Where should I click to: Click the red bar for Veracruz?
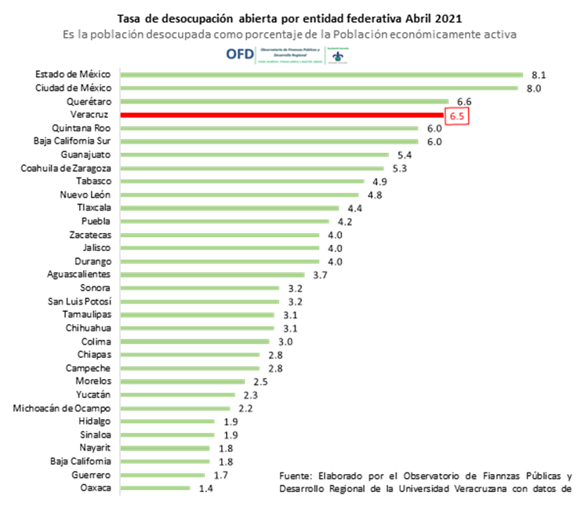click(282, 115)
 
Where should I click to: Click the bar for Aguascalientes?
click(212, 275)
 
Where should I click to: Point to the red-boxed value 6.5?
click(457, 115)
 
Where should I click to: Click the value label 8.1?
click(538, 75)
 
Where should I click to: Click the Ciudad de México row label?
click(73, 88)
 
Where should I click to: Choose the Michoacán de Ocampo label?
click(63, 408)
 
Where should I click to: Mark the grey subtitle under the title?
click(290, 34)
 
